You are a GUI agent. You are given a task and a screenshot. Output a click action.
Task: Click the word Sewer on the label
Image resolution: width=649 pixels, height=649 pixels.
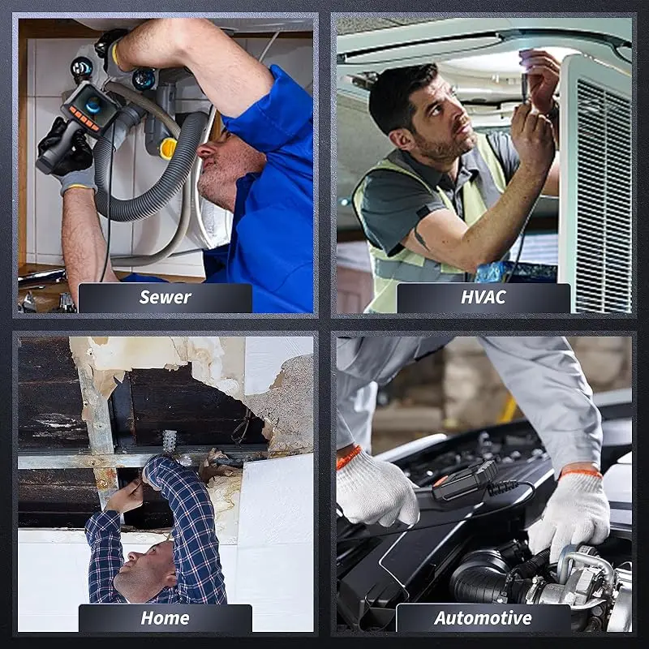[x=165, y=297]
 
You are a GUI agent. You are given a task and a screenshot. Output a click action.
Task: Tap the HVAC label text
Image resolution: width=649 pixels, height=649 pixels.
[x=484, y=297]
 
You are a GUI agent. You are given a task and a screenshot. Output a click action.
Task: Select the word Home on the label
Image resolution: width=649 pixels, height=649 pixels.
[x=165, y=618]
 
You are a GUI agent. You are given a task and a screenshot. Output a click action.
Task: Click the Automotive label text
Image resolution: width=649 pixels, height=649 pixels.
[x=483, y=618]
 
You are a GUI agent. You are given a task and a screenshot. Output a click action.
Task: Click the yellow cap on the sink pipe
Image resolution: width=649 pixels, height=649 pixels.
[x=168, y=149]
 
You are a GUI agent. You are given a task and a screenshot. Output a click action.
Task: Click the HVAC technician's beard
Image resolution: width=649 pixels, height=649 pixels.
[x=444, y=144]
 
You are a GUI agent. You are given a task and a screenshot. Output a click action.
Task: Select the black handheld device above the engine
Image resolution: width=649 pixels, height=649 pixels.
[x=464, y=482]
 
